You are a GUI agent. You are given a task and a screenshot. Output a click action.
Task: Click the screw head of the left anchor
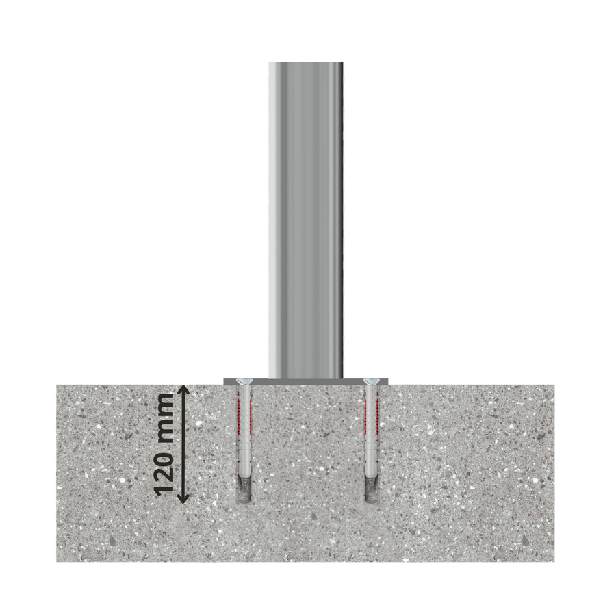click(242, 381)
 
